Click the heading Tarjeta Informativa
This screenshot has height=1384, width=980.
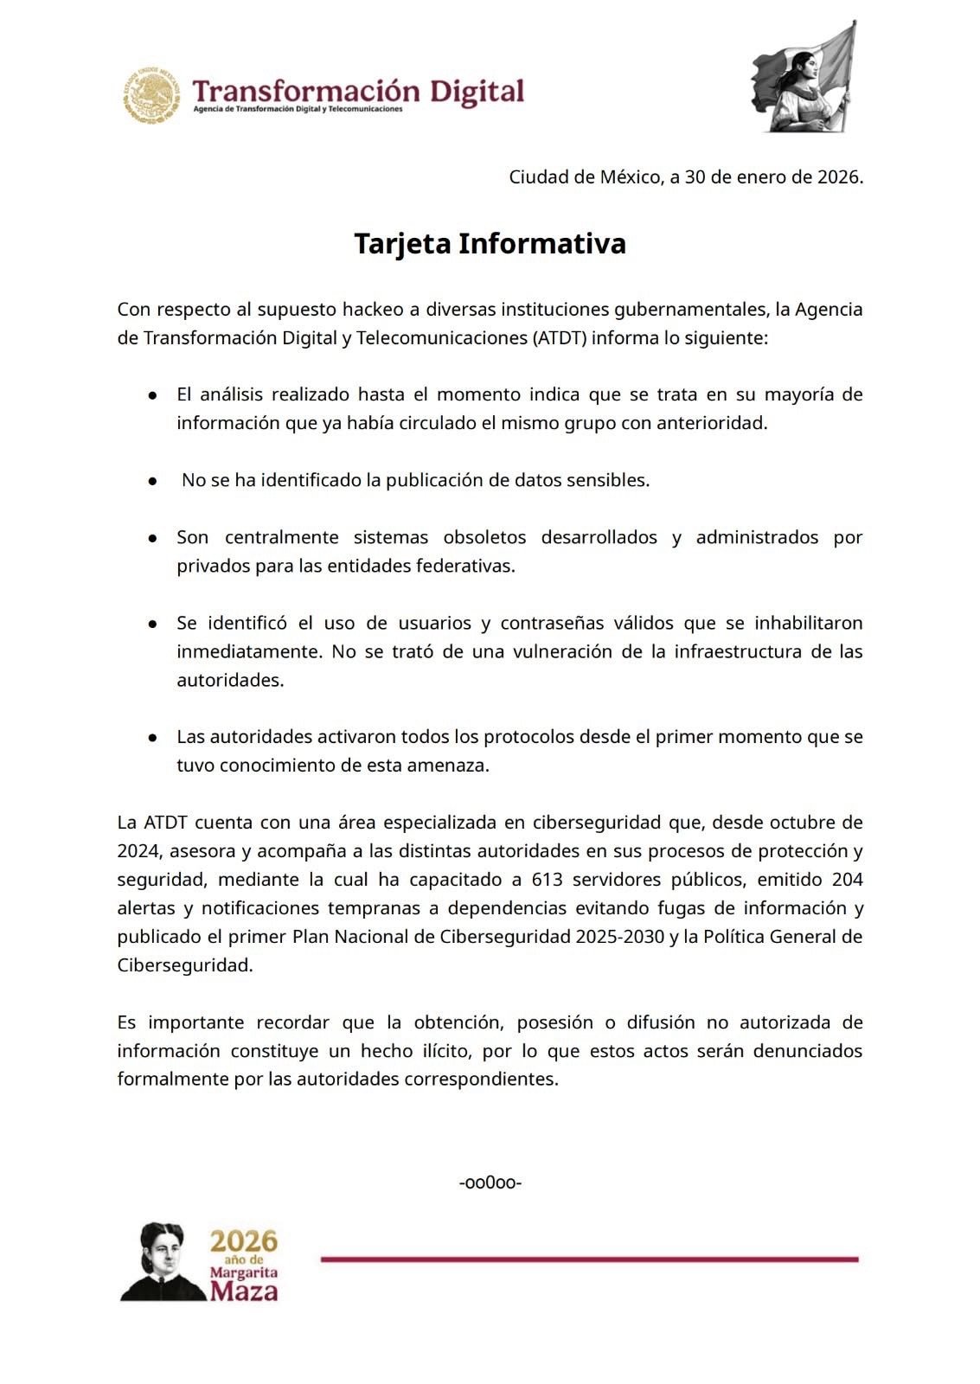point(490,243)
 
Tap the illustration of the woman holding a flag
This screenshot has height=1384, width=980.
point(804,80)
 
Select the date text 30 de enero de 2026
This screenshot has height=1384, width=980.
point(773,177)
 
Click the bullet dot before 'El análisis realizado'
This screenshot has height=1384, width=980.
point(152,394)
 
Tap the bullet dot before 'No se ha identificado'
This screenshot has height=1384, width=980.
point(152,480)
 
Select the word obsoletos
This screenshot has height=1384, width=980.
point(484,537)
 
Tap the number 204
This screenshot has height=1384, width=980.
point(847,880)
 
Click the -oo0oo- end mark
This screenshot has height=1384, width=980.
point(490,1182)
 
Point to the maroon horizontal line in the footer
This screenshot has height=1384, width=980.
point(589,1259)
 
